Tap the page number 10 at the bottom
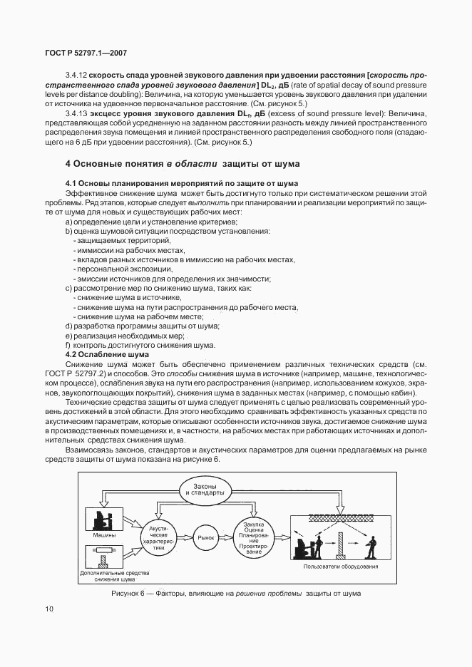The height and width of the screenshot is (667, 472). coord(48,609)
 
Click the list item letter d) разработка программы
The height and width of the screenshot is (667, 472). coord(68,326)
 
